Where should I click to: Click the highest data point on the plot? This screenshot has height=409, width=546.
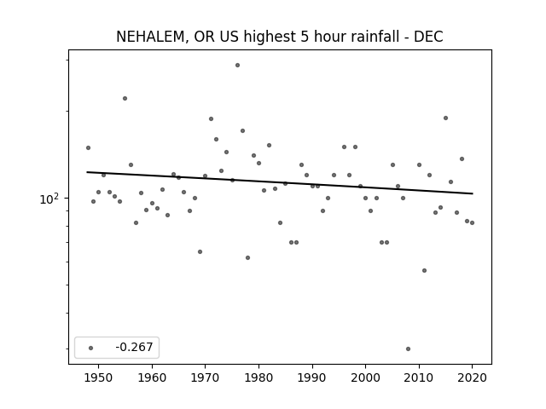pyautogui.click(x=237, y=65)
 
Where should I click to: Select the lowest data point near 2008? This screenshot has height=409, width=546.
pyautogui.click(x=408, y=349)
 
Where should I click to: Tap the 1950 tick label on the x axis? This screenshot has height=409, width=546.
pyautogui.click(x=99, y=377)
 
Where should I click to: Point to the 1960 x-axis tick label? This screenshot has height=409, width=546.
pyautogui.click(x=152, y=377)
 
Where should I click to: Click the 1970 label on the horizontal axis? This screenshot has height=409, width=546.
pyautogui.click(x=205, y=377)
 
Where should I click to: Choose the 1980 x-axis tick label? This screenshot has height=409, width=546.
pyautogui.click(x=258, y=377)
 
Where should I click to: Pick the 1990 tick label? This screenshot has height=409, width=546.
pyautogui.click(x=312, y=377)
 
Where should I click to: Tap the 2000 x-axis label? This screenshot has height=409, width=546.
pyautogui.click(x=366, y=377)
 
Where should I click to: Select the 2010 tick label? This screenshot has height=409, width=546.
pyautogui.click(x=419, y=377)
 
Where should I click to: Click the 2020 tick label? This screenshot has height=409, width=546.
pyautogui.click(x=472, y=377)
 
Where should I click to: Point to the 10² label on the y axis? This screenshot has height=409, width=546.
pyautogui.click(x=49, y=199)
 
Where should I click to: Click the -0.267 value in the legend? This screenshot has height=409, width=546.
pyautogui.click(x=134, y=347)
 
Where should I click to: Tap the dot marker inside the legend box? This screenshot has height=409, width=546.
pyautogui.click(x=91, y=348)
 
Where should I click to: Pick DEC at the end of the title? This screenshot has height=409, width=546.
pyautogui.click(x=428, y=37)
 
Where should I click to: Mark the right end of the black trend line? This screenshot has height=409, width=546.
pyautogui.click(x=473, y=193)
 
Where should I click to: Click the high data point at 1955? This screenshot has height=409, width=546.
pyautogui.click(x=125, y=99)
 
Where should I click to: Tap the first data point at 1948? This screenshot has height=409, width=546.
pyautogui.click(x=88, y=147)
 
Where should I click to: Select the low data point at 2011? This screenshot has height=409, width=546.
pyautogui.click(x=424, y=271)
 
